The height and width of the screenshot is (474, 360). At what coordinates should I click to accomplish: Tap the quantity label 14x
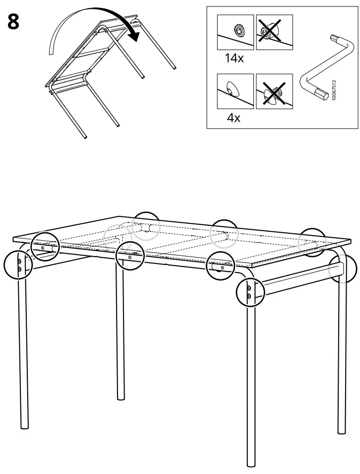[x=234, y=58]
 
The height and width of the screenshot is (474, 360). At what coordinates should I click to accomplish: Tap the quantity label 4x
[x=233, y=118]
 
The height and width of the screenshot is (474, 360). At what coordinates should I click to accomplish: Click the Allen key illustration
[x=317, y=69]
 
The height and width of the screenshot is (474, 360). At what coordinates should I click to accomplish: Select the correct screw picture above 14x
[x=235, y=32]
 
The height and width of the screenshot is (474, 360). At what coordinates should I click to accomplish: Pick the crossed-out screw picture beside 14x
[x=273, y=32]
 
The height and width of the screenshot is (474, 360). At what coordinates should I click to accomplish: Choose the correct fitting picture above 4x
[x=235, y=91]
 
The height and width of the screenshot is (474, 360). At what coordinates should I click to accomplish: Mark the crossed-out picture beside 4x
[x=273, y=91]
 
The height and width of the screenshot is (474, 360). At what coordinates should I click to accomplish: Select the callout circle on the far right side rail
[x=343, y=269]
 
